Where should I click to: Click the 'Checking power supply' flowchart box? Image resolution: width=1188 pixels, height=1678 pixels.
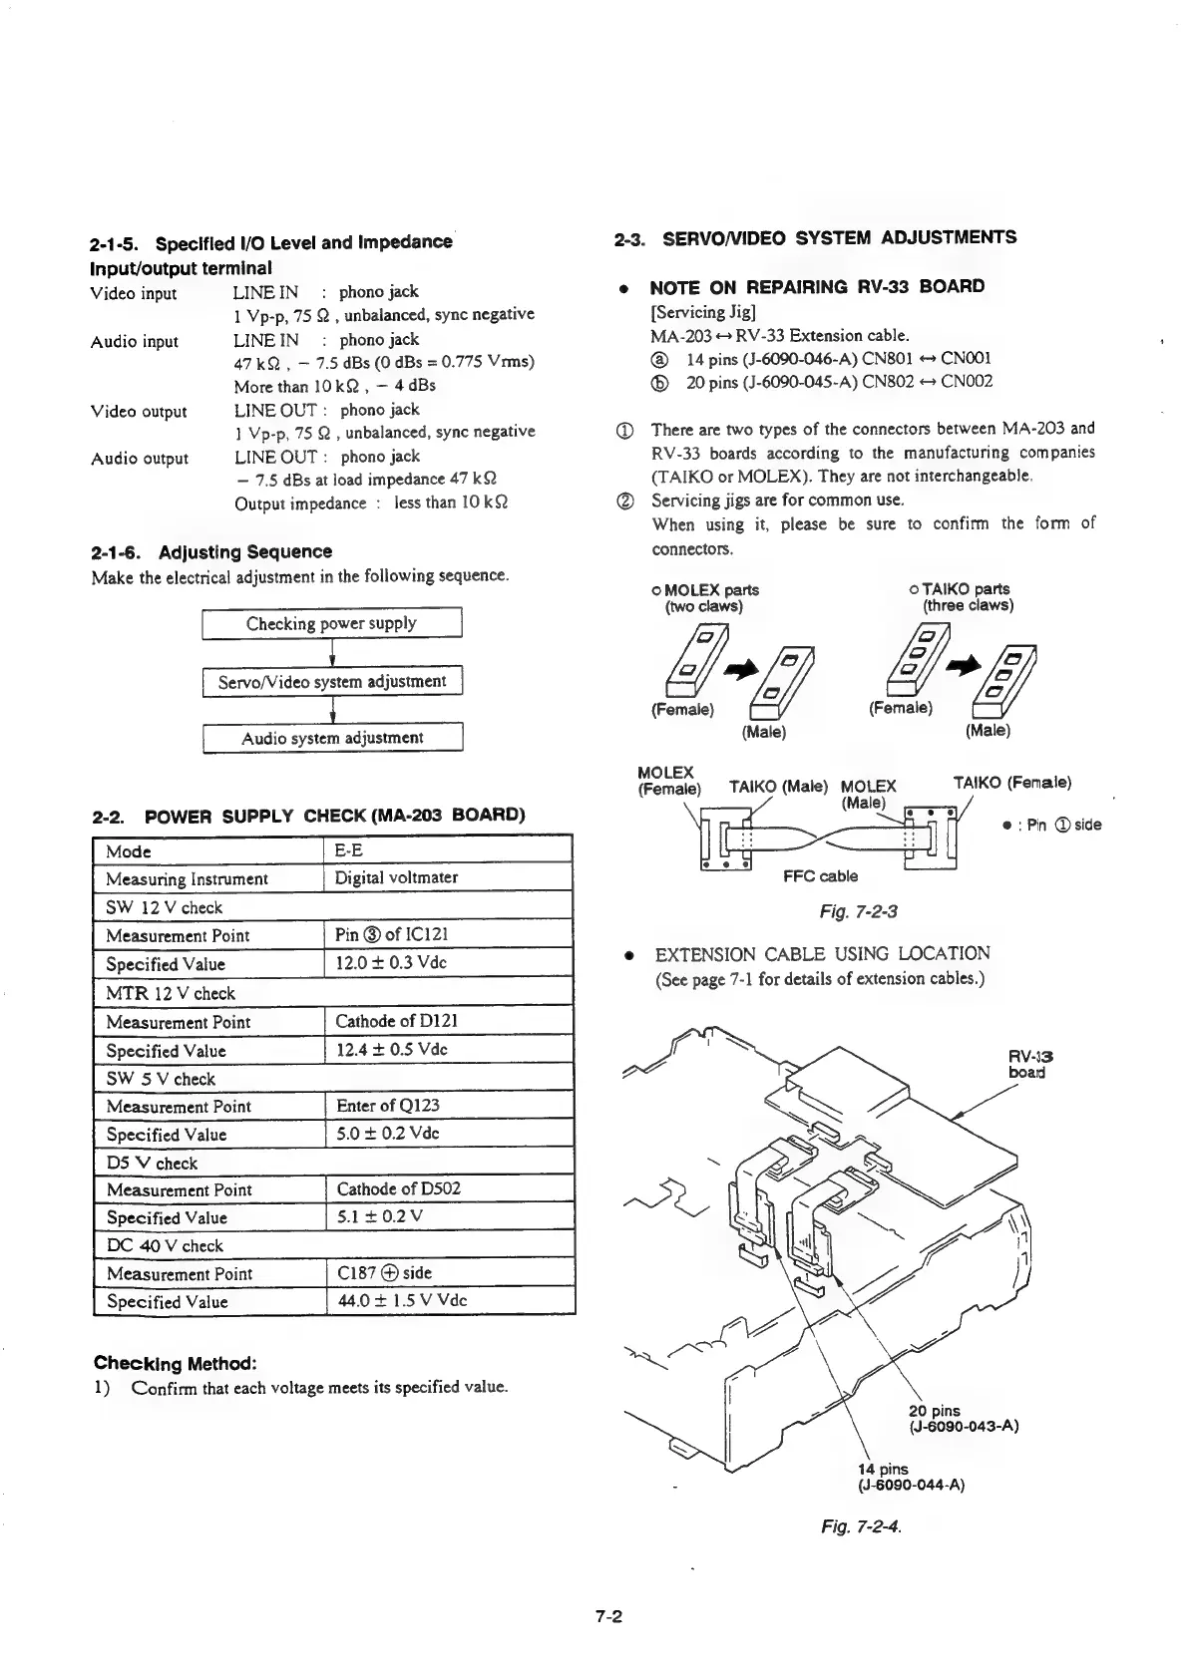point(332,624)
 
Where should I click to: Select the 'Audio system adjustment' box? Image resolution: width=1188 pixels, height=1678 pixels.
point(332,739)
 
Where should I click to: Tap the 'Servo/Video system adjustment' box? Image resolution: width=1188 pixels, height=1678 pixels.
point(332,682)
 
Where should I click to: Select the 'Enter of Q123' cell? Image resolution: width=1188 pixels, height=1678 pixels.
point(388,1106)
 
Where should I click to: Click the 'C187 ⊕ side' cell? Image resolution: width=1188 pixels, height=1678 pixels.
point(384,1273)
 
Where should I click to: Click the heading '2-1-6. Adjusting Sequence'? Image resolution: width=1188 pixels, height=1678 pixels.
point(211,552)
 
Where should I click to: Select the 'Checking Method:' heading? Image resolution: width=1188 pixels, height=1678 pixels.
point(175,1363)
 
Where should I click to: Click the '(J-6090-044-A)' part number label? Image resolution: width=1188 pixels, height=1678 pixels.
point(911,1486)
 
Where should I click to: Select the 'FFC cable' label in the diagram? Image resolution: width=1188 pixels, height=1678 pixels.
point(820,876)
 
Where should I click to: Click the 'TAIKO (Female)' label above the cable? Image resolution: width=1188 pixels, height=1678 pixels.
point(1012,783)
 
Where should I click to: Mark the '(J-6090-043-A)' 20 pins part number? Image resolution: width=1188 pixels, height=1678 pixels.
point(963,1427)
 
